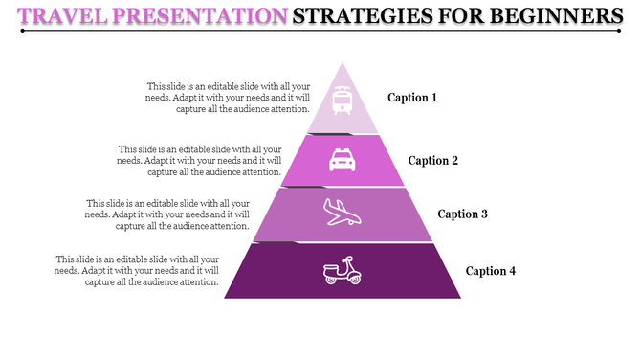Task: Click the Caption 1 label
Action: tap(412, 98)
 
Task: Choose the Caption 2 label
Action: tap(434, 160)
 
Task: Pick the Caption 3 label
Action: tap(464, 214)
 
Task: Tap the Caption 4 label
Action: tap(491, 271)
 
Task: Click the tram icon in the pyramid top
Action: tap(342, 101)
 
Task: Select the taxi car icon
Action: tap(342, 159)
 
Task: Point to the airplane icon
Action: tap(342, 213)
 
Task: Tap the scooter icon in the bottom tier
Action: tap(342, 272)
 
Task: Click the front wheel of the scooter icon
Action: tap(354, 279)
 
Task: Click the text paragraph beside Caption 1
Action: tap(228, 97)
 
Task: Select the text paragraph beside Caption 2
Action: tap(199, 161)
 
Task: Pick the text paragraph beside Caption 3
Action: tap(167, 215)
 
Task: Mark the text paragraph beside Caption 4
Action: tap(137, 271)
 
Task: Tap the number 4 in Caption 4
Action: tap(512, 271)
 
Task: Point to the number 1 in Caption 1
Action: tap(433, 98)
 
